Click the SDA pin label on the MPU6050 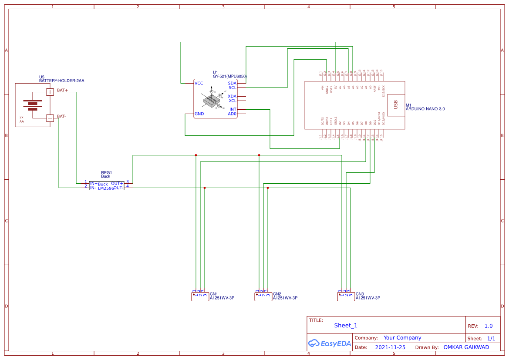tap(232, 83)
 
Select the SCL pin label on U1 tap(232, 87)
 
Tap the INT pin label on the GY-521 tap(233, 109)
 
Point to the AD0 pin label tap(232, 114)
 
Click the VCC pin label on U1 tap(199, 83)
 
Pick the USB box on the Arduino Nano tap(395, 105)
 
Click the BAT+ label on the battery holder tap(62, 90)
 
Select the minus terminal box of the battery tap(50, 118)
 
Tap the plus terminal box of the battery tap(50, 92)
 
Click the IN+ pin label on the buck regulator tap(94, 184)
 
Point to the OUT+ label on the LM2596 tap(117, 183)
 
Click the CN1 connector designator tap(214, 294)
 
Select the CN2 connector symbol tap(263, 296)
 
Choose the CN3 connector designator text tap(360, 294)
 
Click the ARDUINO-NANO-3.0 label tap(425, 109)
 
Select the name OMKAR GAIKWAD tap(466, 347)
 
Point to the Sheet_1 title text tap(346, 325)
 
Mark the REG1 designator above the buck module tap(106, 173)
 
